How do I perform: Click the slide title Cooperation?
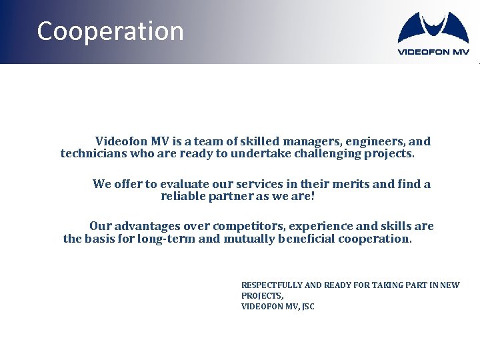click(x=110, y=31)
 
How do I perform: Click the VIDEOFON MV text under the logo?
click(x=433, y=51)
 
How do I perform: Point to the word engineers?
click(x=372, y=141)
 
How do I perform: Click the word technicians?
click(x=91, y=154)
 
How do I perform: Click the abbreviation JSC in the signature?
click(x=307, y=307)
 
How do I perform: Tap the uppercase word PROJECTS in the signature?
click(x=261, y=296)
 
